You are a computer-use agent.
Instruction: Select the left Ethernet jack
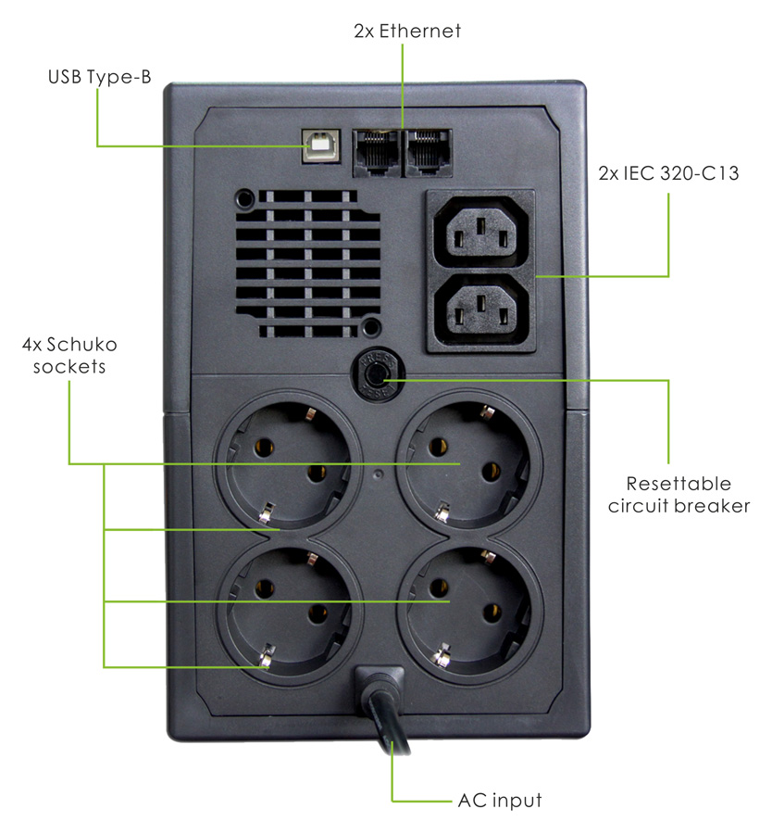pos(376,148)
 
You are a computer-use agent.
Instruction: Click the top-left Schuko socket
pos(287,461)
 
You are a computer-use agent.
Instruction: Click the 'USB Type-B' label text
pos(99,77)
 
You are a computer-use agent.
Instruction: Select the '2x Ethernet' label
pos(407,32)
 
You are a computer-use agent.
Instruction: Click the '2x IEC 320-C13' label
pos(669,173)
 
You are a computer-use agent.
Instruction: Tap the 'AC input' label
pos(499,800)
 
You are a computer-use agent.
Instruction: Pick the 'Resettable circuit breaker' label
pos(679,495)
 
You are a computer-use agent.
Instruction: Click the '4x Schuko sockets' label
pos(70,356)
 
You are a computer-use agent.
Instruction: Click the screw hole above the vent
pos(245,197)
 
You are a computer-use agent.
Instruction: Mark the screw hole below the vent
pos(370,325)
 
